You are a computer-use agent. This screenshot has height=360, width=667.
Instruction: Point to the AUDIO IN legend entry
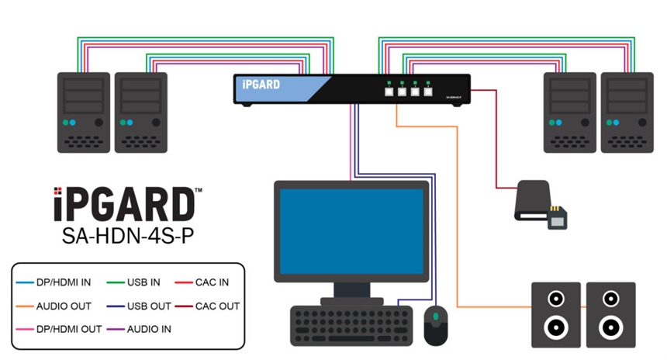click(x=143, y=328)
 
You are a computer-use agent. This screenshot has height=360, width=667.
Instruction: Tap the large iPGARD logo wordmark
click(x=124, y=204)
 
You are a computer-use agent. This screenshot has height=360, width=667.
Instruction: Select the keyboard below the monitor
click(x=351, y=325)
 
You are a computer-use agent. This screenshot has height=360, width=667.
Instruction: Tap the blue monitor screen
click(x=351, y=227)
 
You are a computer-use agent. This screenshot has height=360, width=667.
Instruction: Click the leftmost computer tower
click(x=84, y=112)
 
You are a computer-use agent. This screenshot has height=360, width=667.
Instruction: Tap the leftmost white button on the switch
click(x=388, y=91)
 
